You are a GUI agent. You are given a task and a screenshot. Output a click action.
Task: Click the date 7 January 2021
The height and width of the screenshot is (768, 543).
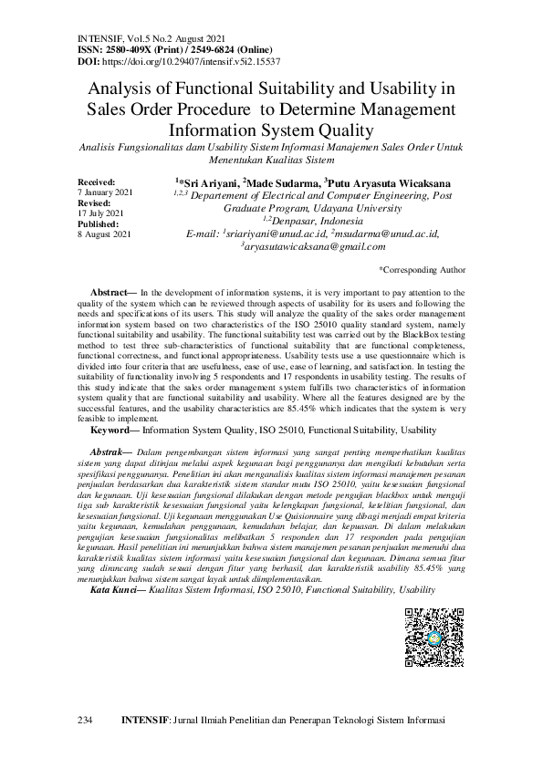point(106,192)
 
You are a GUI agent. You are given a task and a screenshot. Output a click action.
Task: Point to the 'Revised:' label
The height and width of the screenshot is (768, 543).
point(94,203)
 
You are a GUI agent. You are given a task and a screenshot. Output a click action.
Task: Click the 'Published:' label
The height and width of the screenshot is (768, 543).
point(99,223)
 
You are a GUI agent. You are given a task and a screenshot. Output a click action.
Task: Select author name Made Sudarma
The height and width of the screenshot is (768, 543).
point(278,182)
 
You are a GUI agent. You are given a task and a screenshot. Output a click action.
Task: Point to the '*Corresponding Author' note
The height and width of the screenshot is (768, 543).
point(422,270)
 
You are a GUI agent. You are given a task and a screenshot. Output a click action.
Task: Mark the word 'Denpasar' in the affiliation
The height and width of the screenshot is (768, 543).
point(298,221)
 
